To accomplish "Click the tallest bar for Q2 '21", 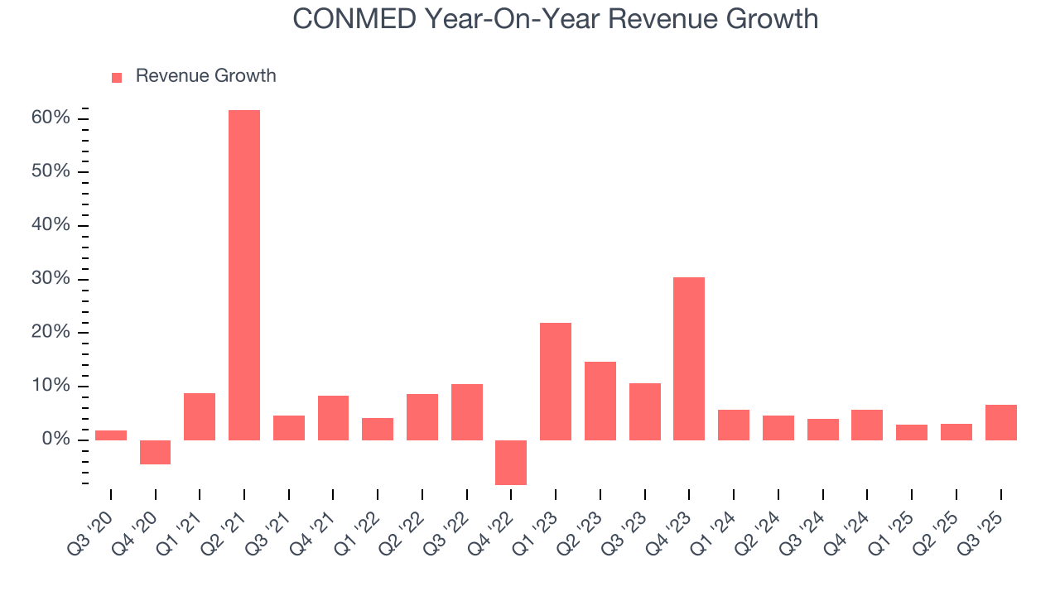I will point(244,275).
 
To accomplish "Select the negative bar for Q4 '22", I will point(511,462).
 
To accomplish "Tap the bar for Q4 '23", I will point(689,358).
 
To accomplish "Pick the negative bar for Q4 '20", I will point(155,452).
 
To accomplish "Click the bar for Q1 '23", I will point(556,381).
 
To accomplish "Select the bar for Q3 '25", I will point(1000,422).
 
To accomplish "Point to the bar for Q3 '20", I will point(111,435).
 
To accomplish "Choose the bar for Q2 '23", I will point(600,401).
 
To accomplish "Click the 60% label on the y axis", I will point(51,118).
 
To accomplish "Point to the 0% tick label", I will point(55,440).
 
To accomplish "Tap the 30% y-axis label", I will point(51,279).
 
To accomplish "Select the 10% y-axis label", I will point(51,386).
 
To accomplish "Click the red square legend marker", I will point(117,77).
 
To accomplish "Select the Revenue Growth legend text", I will point(205,76).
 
